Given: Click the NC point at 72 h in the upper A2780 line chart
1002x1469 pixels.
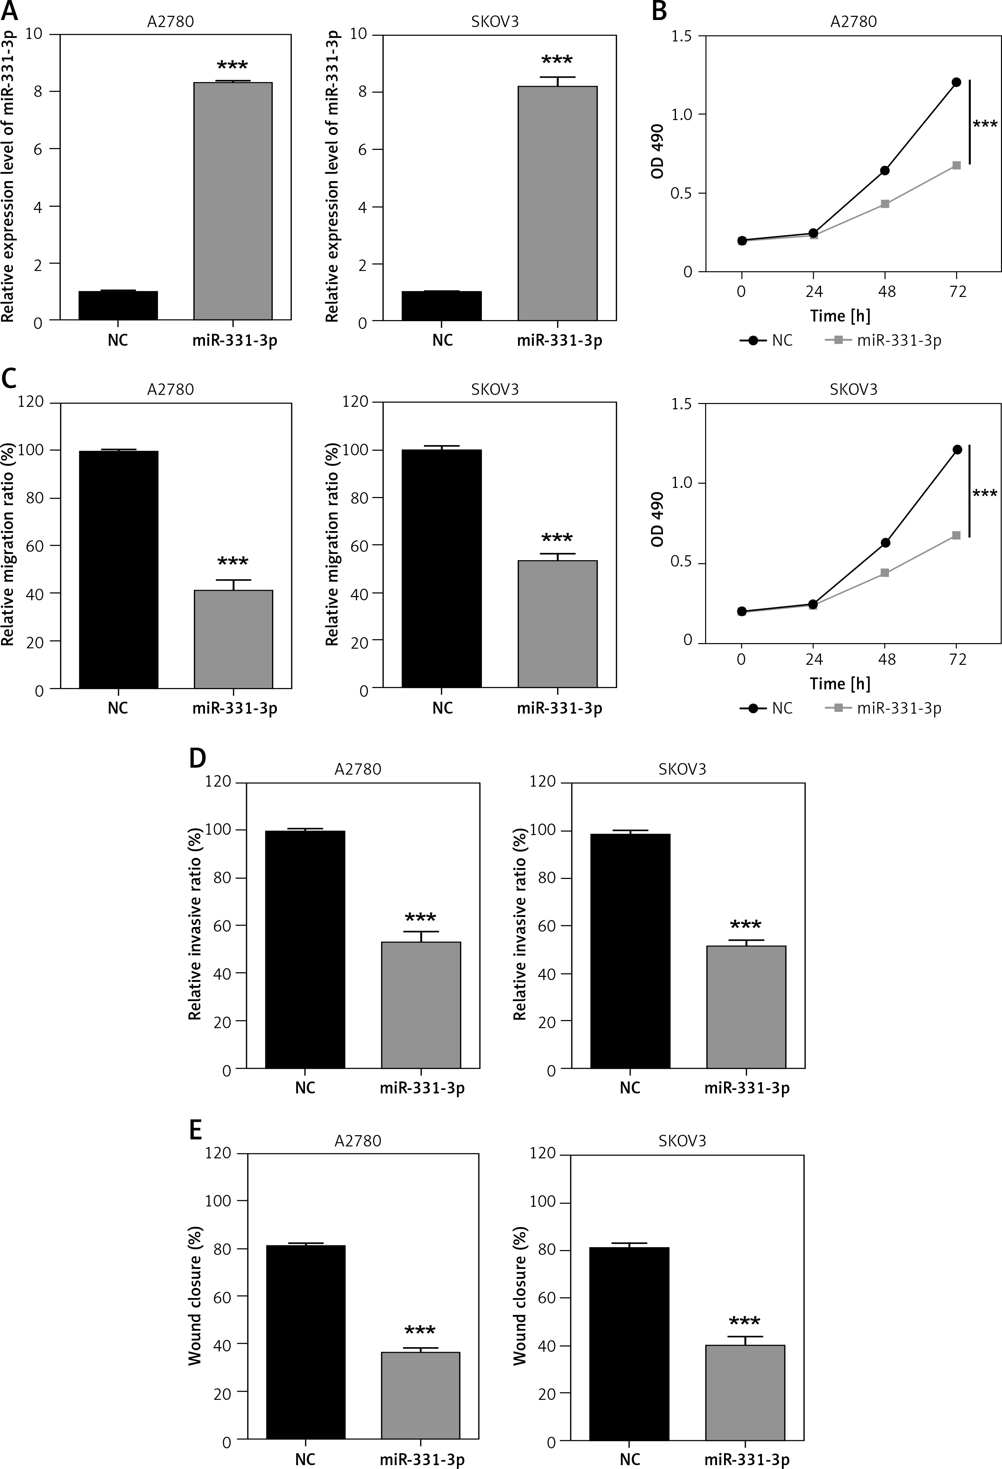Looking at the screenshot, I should click(x=956, y=82).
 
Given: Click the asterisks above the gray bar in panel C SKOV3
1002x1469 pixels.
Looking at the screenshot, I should click(x=557, y=538).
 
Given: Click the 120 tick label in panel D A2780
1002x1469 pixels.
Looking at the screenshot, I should click(x=218, y=782).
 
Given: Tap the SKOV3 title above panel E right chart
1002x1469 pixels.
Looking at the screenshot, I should click(x=682, y=1141).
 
